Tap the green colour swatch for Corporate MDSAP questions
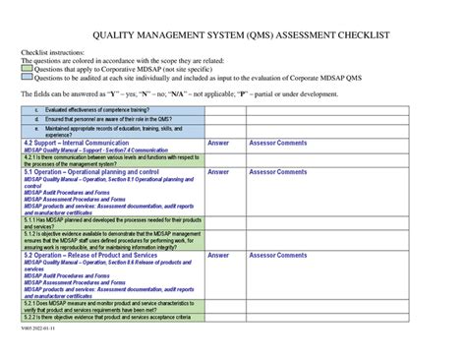(x=27, y=68)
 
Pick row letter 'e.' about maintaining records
(x=37, y=129)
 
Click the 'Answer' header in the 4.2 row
(x=218, y=143)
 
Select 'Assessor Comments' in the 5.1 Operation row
(x=278, y=172)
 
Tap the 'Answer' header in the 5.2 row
(x=218, y=255)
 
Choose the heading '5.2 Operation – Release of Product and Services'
(x=95, y=255)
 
